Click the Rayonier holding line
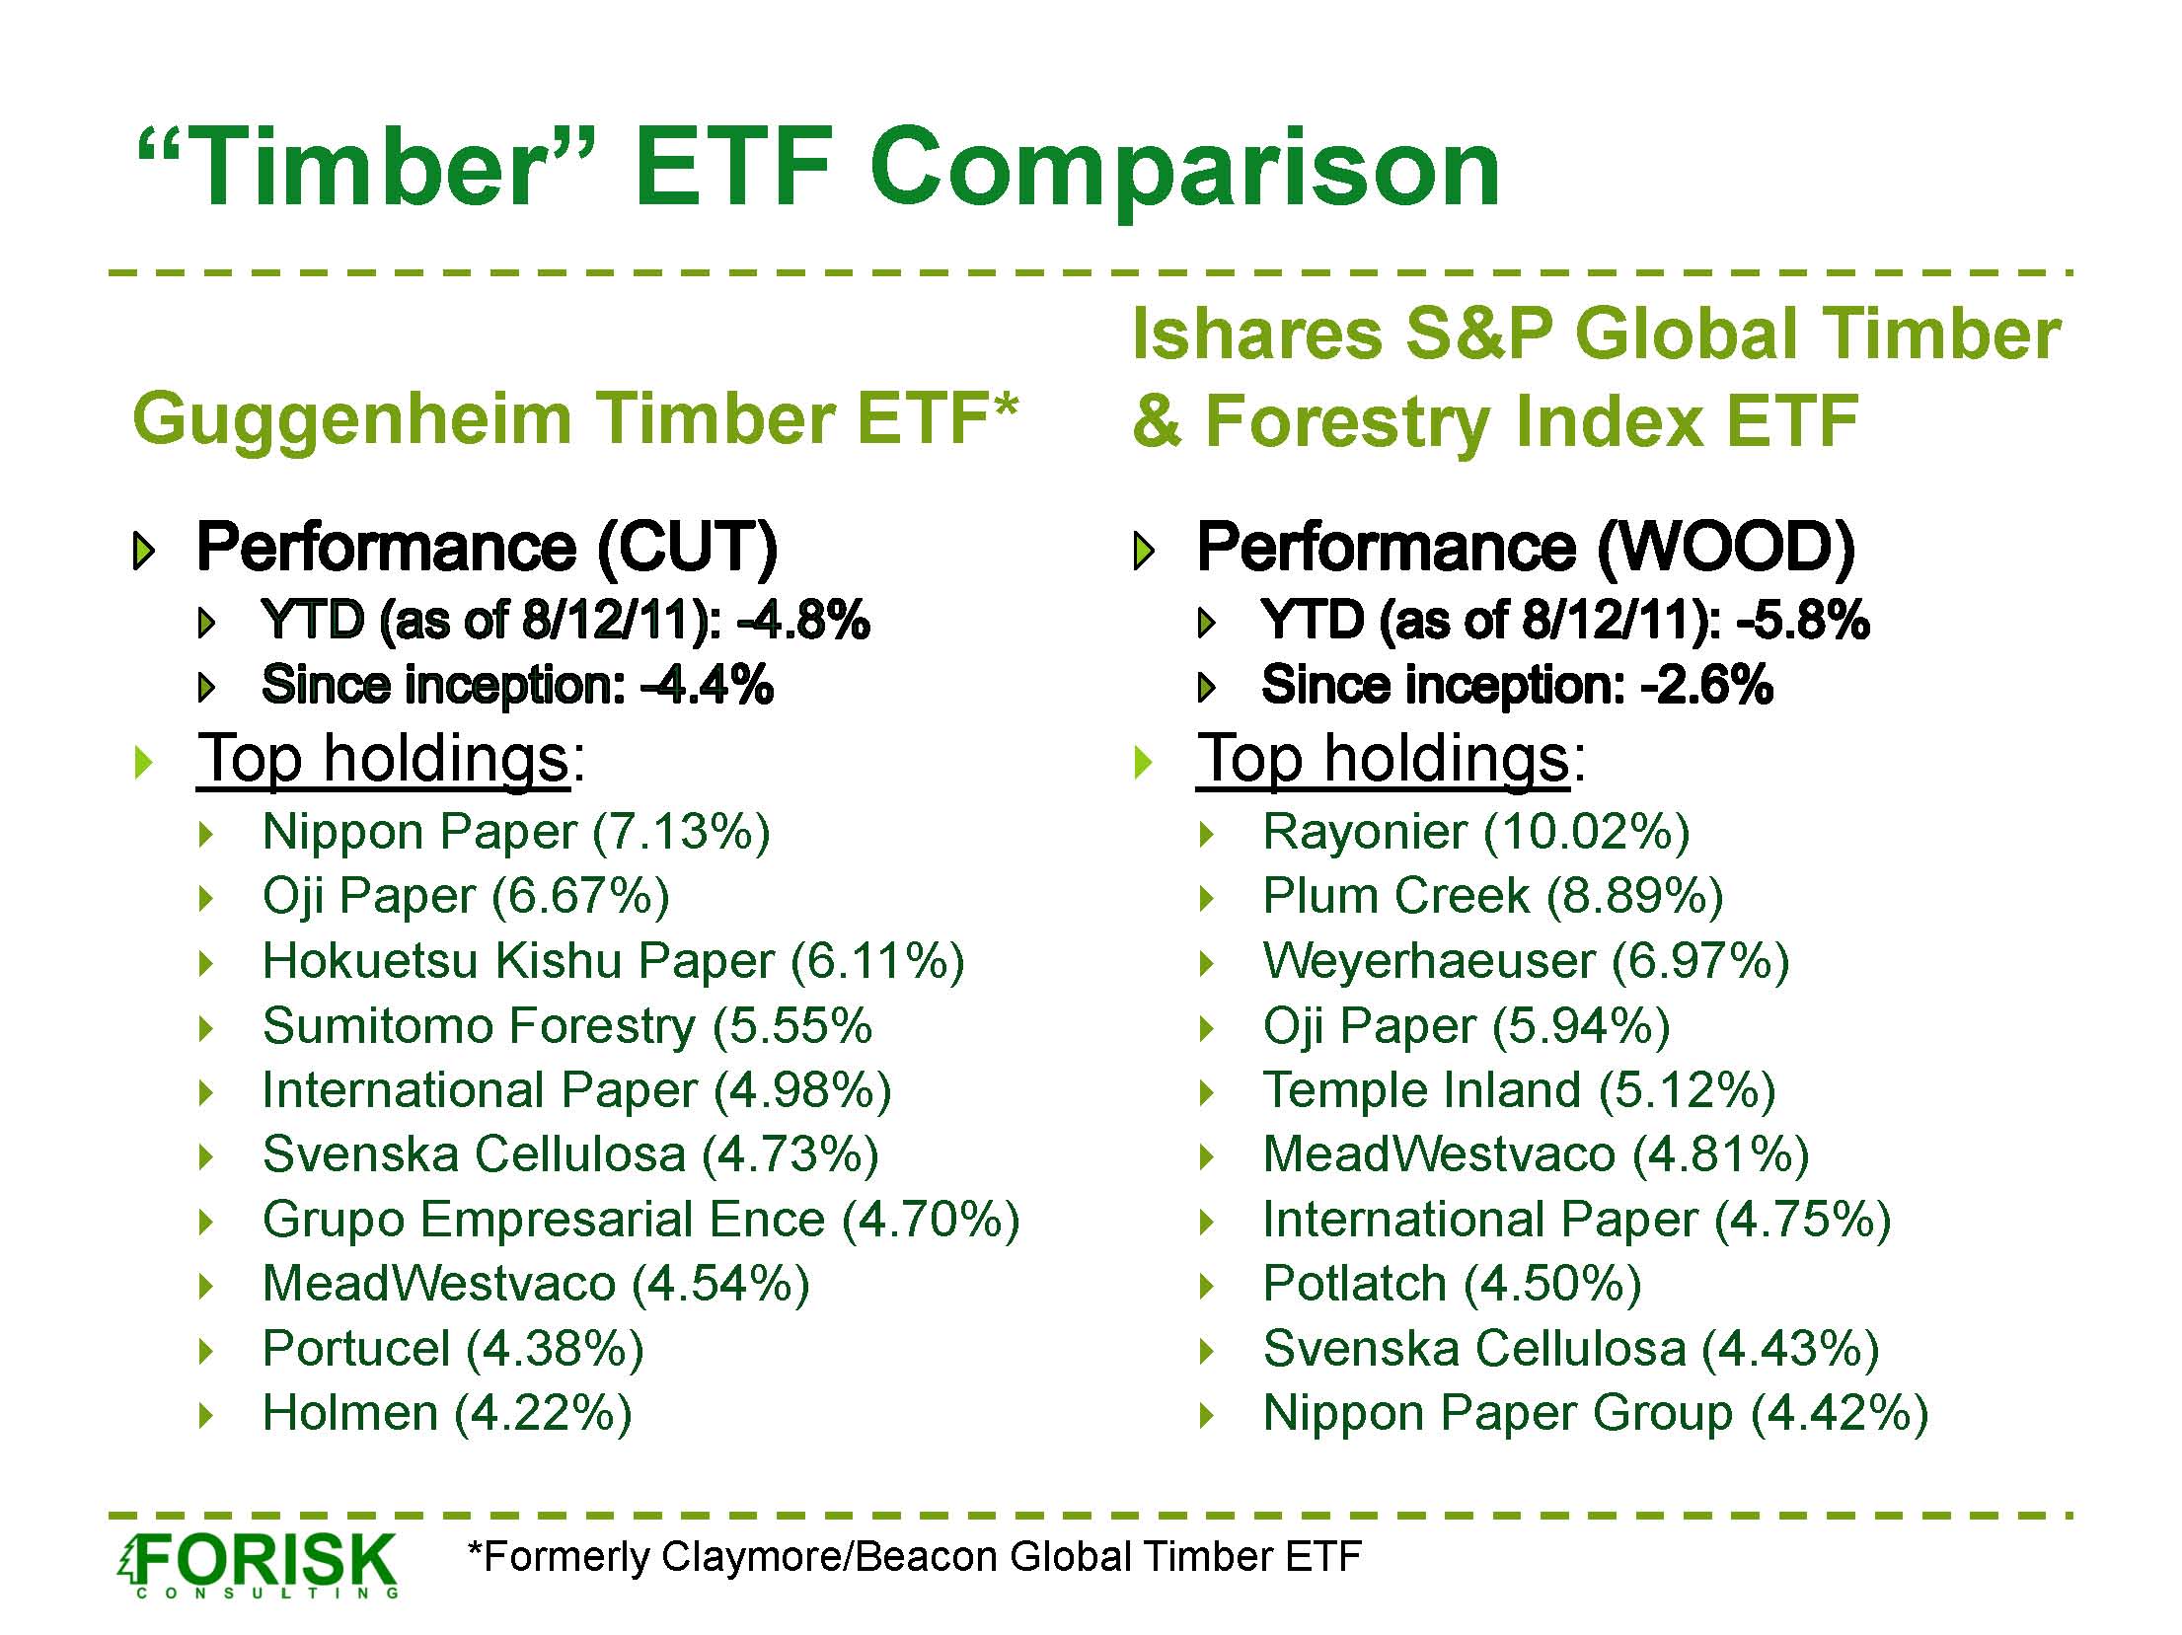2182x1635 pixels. coord(1476,832)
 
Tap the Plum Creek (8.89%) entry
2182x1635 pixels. coord(1493,896)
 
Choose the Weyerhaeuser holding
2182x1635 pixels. coord(1526,961)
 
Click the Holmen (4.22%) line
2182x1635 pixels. coord(447,1413)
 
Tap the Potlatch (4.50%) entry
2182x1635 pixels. coord(1452,1284)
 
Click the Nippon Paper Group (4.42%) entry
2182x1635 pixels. coord(1596,1413)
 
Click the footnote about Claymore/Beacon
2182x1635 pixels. coord(915,1557)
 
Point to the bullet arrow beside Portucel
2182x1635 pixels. coord(206,1351)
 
